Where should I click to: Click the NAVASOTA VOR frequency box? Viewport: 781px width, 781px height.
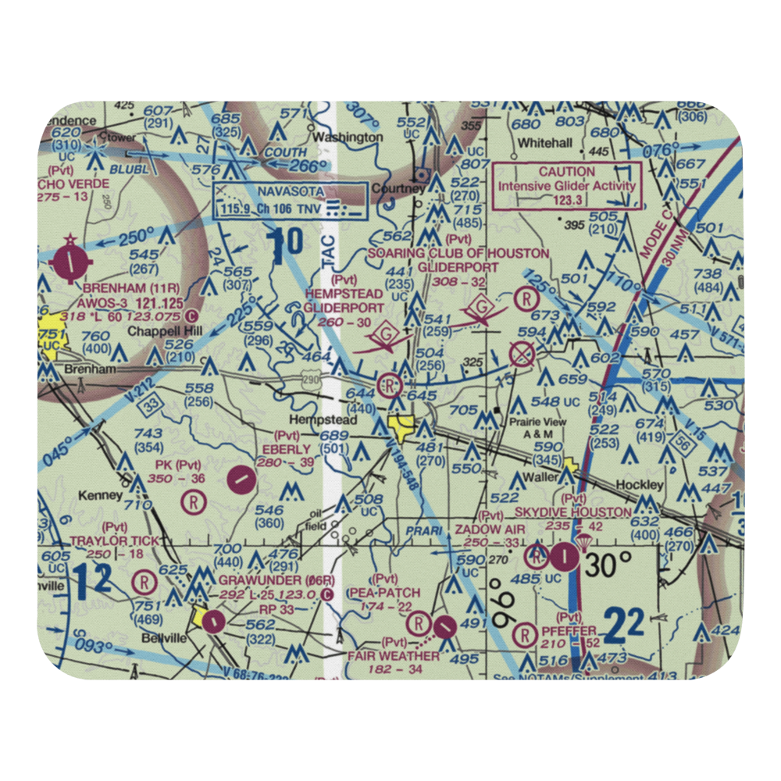(x=291, y=201)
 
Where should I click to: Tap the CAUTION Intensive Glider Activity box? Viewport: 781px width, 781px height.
(x=567, y=185)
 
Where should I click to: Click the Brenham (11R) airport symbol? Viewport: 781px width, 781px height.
(x=72, y=261)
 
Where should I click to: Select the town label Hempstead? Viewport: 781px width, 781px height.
(x=323, y=420)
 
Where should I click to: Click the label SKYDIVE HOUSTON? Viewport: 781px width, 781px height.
(x=573, y=512)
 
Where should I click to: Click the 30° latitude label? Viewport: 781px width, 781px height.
(x=611, y=563)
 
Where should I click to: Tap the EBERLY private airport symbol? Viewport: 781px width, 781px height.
(x=243, y=477)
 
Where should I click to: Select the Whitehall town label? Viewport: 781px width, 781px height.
(x=546, y=143)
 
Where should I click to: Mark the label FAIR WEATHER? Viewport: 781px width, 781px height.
(x=394, y=655)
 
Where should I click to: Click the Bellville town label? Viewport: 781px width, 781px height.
(x=159, y=638)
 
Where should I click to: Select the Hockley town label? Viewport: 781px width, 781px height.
(x=640, y=484)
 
